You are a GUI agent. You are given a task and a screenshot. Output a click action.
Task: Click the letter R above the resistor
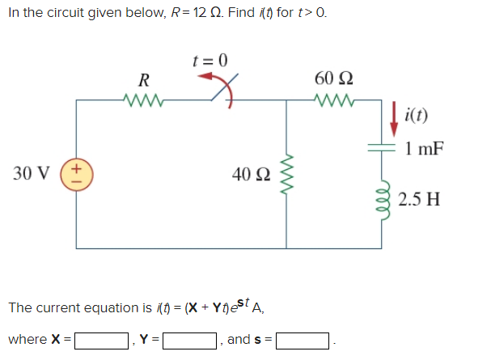(x=143, y=80)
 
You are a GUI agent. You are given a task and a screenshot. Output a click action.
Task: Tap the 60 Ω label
(x=332, y=78)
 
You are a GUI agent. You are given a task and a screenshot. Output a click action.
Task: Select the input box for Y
(x=190, y=341)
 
